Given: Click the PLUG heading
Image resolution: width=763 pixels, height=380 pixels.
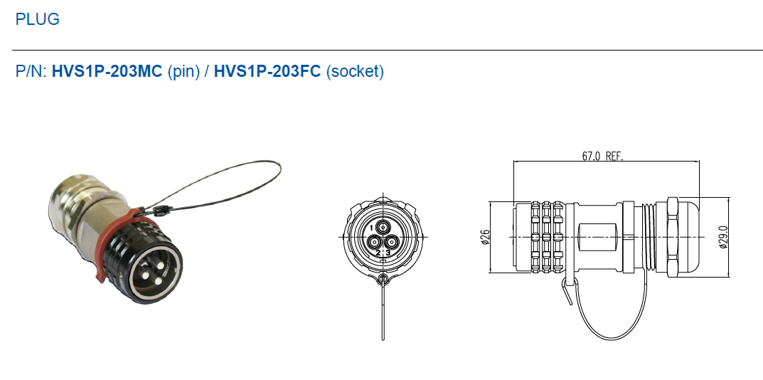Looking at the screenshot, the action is (x=38, y=19).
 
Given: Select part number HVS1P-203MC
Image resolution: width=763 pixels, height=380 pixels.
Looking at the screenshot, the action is (x=107, y=71).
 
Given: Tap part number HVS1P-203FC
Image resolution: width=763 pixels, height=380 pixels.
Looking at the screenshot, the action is (x=267, y=71).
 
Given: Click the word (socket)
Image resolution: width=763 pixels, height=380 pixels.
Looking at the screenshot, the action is (x=355, y=72).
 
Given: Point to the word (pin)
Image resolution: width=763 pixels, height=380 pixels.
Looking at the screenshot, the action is (x=184, y=72).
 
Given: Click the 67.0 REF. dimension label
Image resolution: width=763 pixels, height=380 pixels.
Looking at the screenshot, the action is (x=602, y=156).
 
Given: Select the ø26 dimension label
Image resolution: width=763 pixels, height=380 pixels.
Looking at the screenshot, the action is (x=485, y=237).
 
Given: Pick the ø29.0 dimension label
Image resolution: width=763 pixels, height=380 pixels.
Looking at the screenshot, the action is (x=724, y=237).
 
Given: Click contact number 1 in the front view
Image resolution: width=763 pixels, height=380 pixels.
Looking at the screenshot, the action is (x=372, y=228).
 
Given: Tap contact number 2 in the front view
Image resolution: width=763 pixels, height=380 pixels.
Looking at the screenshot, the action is (x=378, y=253).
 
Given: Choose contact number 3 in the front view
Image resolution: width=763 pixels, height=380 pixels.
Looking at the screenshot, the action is (x=388, y=253).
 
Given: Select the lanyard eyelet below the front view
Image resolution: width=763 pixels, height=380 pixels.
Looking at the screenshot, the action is (x=383, y=280).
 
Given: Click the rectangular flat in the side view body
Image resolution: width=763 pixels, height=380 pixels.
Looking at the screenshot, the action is (x=597, y=237).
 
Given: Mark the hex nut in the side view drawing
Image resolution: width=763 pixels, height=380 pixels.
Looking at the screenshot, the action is (x=673, y=237).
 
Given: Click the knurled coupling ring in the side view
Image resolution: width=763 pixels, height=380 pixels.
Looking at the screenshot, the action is (x=547, y=237).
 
